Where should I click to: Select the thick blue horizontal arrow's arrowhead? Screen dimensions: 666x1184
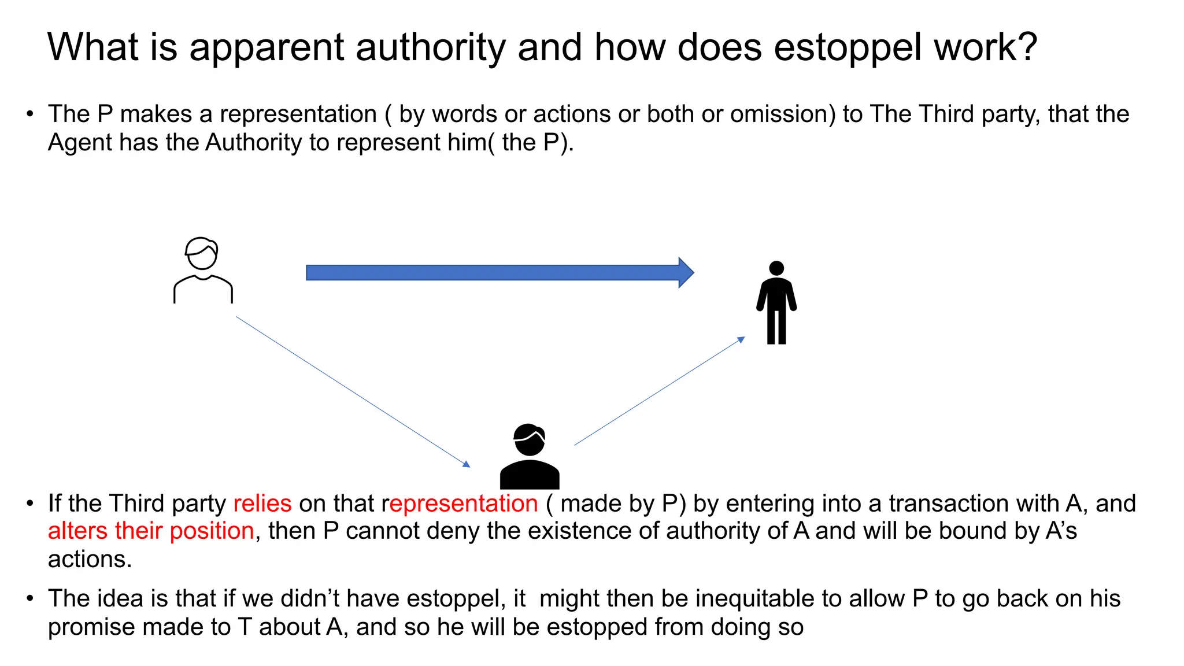pos(686,272)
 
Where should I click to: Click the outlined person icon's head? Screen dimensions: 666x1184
pos(202,254)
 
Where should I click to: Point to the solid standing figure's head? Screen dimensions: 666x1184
pos(776,268)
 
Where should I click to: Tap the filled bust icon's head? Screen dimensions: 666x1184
pos(529,440)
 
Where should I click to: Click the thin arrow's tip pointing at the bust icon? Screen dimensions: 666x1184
pos(467,464)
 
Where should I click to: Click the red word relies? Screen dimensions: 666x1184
pos(262,504)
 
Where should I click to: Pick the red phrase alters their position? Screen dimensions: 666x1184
pos(151,531)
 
